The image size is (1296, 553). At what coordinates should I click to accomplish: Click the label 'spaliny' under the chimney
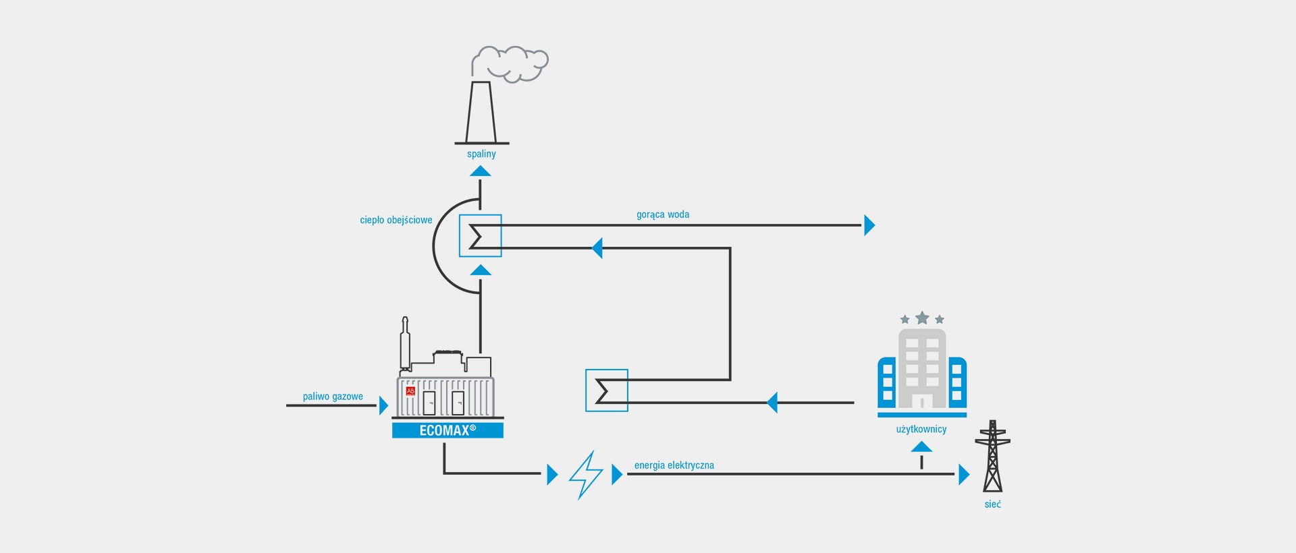pos(481,154)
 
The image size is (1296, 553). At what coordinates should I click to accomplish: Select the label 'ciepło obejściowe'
pos(396,220)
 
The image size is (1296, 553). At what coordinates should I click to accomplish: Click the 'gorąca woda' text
pos(663,214)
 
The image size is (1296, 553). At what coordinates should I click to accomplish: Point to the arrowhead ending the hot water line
pos(869,225)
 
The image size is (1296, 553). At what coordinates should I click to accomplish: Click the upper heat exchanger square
pos(481,235)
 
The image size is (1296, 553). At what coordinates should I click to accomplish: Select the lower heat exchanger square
pos(607,390)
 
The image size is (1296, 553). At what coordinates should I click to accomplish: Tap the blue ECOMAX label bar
pos(448,430)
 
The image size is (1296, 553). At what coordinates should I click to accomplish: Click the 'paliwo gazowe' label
pos(333,397)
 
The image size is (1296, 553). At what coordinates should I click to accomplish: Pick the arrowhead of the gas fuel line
pos(383,405)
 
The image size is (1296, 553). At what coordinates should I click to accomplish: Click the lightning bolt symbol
pos(586,475)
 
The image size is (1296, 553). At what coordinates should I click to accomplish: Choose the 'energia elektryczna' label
pos(674,465)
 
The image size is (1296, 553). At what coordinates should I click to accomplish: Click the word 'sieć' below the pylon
pos(992,504)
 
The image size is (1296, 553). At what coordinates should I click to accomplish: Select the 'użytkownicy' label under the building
pos(921,429)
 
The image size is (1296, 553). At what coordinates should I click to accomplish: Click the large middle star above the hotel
pos(922,318)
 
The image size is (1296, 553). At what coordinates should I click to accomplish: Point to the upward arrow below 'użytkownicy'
pos(921,447)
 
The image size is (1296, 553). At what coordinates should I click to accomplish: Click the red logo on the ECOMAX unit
pos(410,390)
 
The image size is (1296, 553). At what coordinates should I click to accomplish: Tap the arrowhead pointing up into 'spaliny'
pos(481,171)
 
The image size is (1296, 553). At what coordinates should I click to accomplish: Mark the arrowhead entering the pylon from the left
pos(964,474)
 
